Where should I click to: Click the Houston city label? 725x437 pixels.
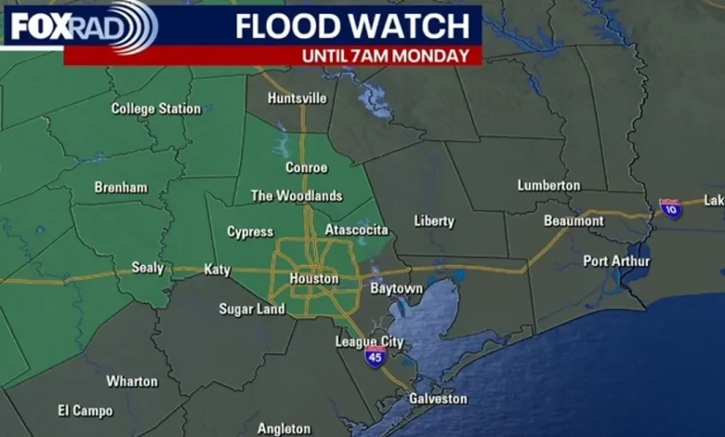[313, 279]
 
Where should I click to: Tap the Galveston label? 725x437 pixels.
[438, 399]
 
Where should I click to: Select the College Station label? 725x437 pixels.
[155, 109]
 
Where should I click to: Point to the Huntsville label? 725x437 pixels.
[297, 98]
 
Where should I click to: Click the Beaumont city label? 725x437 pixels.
[573, 221]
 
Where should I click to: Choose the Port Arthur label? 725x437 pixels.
[616, 261]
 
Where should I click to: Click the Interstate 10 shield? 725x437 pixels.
[670, 208]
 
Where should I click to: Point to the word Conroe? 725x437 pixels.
[306, 168]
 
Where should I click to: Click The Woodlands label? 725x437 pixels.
[297, 196]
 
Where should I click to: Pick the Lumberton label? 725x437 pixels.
[548, 186]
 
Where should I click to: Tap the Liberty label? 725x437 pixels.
[434, 221]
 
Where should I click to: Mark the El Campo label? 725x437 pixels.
[85, 410]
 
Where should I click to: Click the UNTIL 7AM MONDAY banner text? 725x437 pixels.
[384, 56]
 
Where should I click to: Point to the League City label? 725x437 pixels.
[369, 342]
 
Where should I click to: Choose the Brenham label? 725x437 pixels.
[121, 188]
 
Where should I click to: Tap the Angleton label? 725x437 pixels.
[283, 429]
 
